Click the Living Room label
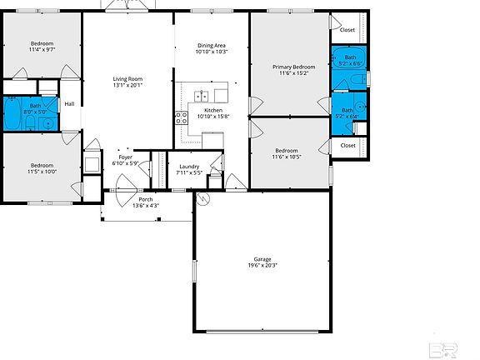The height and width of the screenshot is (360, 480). click(x=128, y=78)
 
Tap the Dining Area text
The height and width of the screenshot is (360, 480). click(x=212, y=45)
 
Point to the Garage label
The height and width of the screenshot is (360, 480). click(x=262, y=259)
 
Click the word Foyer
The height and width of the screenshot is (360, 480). click(x=125, y=157)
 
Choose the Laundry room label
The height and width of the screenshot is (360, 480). click(x=189, y=167)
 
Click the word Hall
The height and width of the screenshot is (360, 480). click(x=69, y=104)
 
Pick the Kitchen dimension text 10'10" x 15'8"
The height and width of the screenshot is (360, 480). click(x=213, y=117)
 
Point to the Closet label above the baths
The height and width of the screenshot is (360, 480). click(x=347, y=30)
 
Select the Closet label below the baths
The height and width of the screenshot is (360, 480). click(x=347, y=146)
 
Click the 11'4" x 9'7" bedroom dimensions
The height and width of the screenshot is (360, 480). click(x=42, y=50)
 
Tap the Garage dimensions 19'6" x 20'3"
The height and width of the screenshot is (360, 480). click(x=262, y=266)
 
